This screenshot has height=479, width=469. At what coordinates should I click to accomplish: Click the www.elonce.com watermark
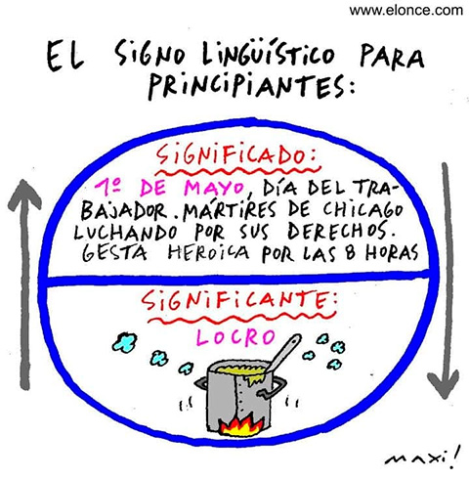[406, 10]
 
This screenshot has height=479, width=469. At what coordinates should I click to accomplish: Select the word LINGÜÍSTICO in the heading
[268, 57]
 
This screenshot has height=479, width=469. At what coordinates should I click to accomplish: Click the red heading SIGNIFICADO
[235, 155]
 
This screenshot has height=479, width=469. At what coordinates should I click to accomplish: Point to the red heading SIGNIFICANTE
[239, 300]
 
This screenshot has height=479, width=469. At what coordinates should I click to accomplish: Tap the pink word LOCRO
[235, 336]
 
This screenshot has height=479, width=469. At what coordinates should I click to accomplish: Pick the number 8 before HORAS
[351, 253]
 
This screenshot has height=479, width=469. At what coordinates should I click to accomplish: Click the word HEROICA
[208, 252]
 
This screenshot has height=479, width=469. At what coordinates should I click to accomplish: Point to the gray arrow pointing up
[24, 284]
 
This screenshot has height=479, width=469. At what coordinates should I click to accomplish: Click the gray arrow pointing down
[445, 281]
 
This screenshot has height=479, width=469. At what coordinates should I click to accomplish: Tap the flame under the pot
[239, 426]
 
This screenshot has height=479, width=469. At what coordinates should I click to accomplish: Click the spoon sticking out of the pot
[282, 353]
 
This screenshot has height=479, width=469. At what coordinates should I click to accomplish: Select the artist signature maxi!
[423, 457]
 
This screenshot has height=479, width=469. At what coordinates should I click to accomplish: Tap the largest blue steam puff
[124, 341]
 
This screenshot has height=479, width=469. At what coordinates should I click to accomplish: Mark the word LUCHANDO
[126, 233]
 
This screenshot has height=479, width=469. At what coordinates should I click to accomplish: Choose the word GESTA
[114, 253]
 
